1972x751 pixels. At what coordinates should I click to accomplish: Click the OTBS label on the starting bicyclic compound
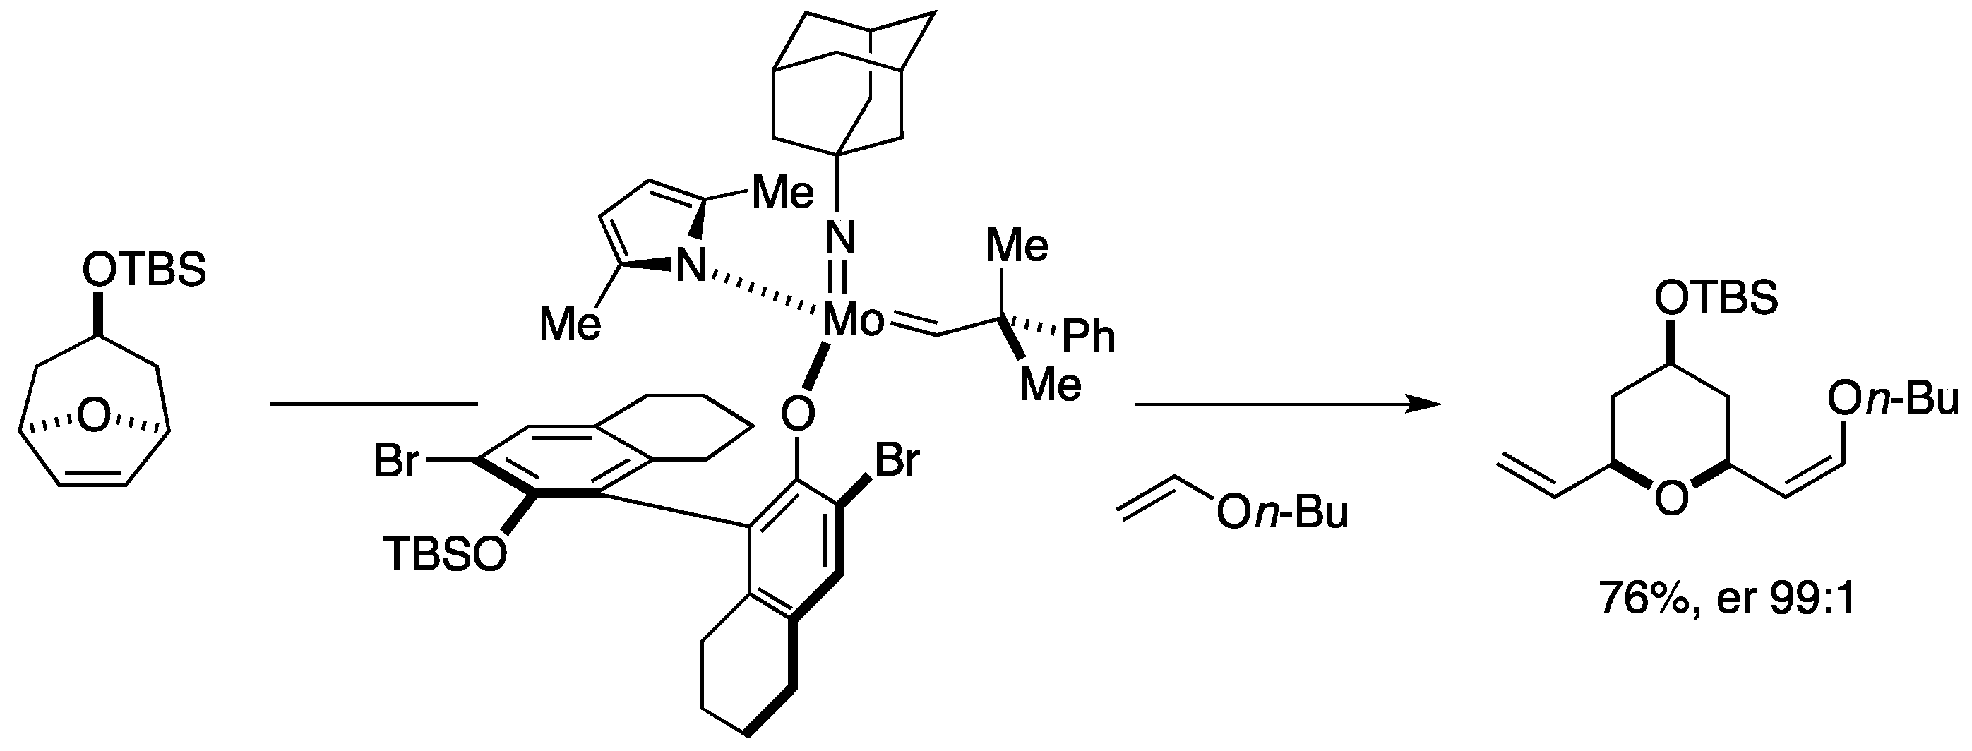(144, 270)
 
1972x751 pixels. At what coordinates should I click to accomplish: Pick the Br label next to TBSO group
(397, 462)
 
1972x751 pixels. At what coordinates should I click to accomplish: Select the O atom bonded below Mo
(798, 416)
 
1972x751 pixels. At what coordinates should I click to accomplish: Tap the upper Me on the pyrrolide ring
(783, 193)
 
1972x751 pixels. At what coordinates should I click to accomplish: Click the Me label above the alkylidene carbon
(1017, 246)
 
